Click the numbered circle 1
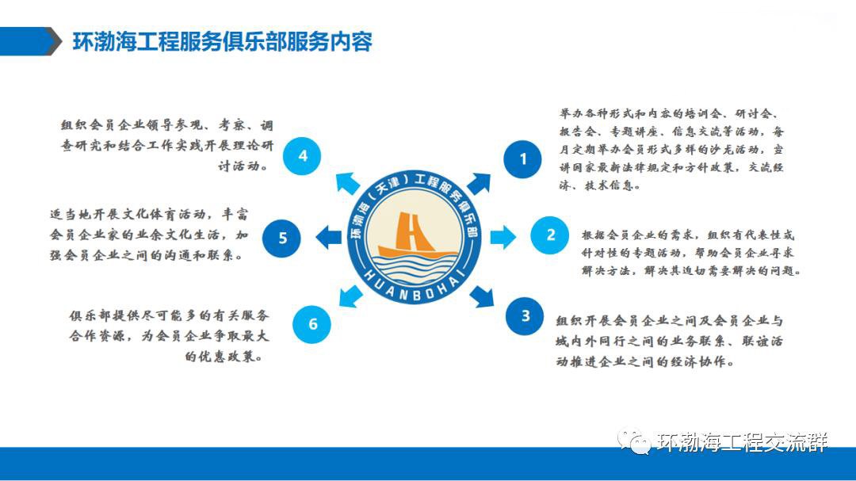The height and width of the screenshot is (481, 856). point(522,158)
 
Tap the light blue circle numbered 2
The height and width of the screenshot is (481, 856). point(550,235)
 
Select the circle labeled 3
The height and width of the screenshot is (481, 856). point(525,315)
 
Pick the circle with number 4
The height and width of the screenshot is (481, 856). point(302,156)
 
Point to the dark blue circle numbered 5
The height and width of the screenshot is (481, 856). point(281,238)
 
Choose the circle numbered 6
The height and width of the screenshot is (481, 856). point(311,324)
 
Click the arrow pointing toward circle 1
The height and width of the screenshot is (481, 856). point(479,184)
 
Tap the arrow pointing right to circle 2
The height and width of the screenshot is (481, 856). point(503,237)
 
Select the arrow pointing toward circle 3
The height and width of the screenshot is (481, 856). point(482,296)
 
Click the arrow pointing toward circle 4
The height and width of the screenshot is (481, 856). point(347,184)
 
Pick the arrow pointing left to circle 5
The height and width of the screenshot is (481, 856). point(329,238)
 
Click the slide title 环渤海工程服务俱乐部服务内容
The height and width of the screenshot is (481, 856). point(223,42)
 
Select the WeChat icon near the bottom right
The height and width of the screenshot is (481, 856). point(634,441)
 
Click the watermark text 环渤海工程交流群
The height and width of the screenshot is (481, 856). point(742,441)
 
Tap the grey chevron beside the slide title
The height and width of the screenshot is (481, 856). point(54,41)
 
